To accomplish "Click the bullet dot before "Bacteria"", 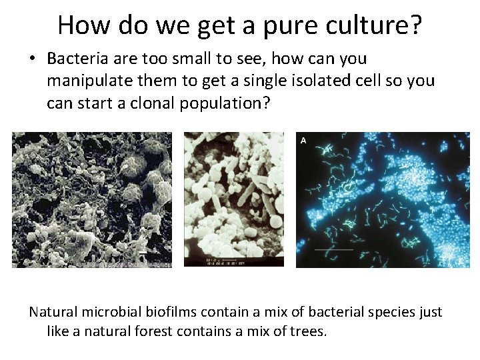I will click(32, 59).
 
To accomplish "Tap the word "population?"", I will click(220, 105).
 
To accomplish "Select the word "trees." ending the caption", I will click(308, 331).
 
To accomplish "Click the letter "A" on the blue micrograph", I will click(304, 140).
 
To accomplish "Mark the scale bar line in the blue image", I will click(333, 250).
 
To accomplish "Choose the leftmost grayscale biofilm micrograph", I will click(92, 200).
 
